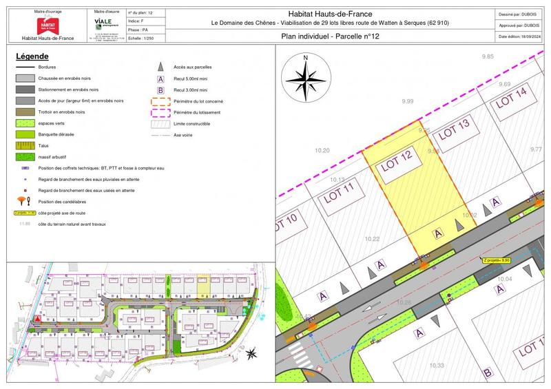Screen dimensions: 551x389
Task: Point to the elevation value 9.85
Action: point(488,55)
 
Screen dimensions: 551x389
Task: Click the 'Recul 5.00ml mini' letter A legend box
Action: point(160,78)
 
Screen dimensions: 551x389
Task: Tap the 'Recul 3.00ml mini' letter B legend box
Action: point(160,90)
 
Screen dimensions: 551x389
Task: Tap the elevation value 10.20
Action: point(322,150)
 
